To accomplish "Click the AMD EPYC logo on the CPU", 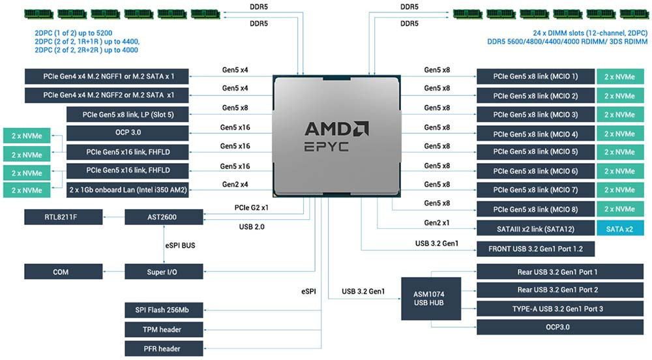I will pyautogui.click(x=336, y=136).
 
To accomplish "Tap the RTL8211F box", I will pyautogui.click(x=61, y=216).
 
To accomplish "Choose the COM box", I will pyautogui.click(x=61, y=271).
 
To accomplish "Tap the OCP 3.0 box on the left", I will pyautogui.click(x=128, y=133).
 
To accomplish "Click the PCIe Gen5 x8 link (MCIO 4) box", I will pyautogui.click(x=535, y=134).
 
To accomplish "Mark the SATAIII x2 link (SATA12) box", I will pyautogui.click(x=535, y=228).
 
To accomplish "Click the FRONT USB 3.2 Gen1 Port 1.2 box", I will pyautogui.click(x=535, y=249).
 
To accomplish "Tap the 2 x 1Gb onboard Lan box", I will pyautogui.click(x=128, y=189).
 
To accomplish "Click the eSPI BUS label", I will pyautogui.click(x=179, y=245).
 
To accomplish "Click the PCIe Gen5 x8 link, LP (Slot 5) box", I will pyautogui.click(x=128, y=115).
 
